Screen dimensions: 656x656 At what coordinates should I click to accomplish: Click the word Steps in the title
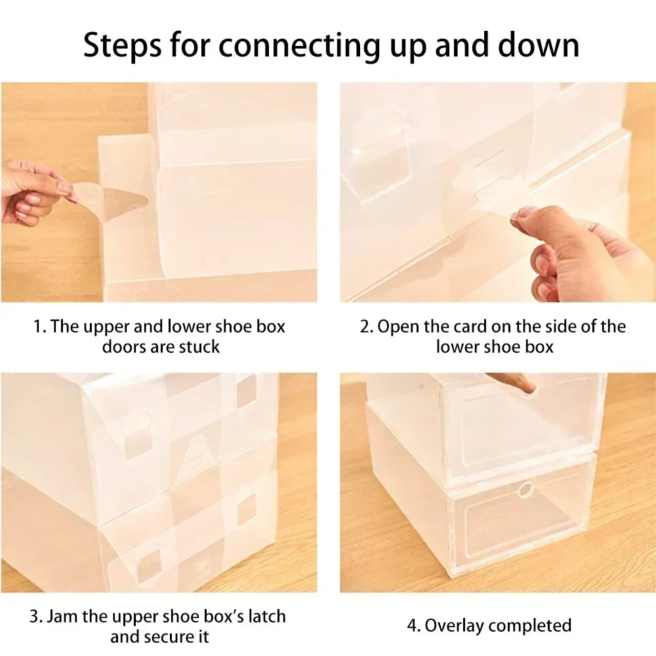[x=122, y=45]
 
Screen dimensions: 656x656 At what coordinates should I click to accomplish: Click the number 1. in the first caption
[x=40, y=327]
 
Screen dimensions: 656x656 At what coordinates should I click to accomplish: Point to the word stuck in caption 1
[x=199, y=347]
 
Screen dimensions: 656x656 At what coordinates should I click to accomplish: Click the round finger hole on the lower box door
[x=526, y=489]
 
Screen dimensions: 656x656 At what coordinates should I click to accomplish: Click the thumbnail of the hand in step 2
[x=522, y=215]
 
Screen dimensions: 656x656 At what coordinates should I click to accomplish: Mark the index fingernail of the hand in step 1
[x=64, y=187]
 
